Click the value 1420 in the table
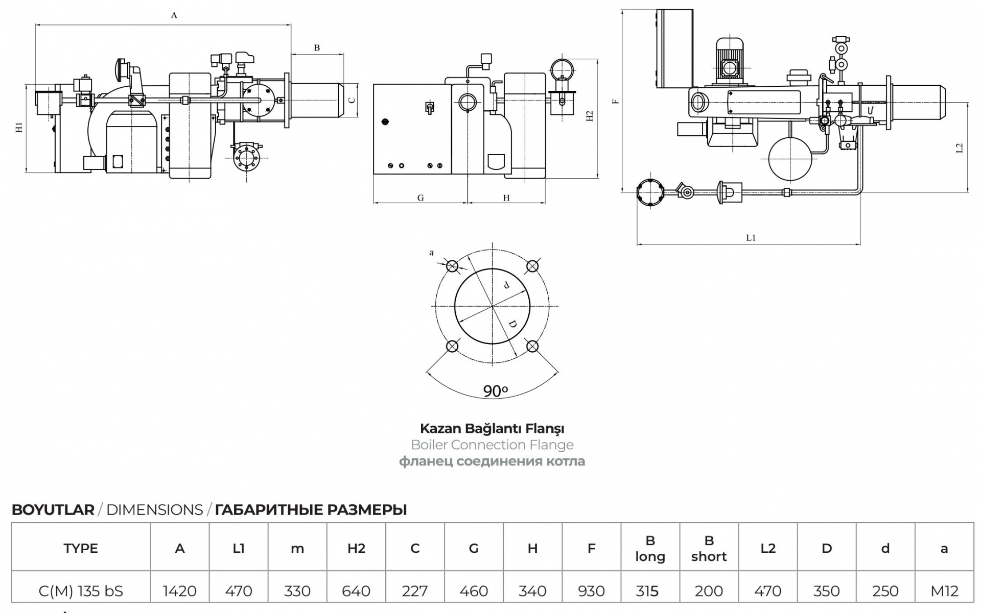click(179, 591)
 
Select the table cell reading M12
click(944, 591)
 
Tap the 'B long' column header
click(650, 548)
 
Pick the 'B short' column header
click(709, 548)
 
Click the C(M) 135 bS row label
click(81, 591)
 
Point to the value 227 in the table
click(414, 591)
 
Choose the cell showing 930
click(591, 591)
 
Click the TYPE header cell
click(81, 548)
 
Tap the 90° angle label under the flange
click(495, 391)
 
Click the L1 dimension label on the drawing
click(751, 238)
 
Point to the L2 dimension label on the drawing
click(959, 148)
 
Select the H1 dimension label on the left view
click(19, 128)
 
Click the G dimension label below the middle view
click(421, 198)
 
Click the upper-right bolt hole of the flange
click(532, 266)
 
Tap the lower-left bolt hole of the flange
click(452, 347)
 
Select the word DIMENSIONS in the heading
click(154, 510)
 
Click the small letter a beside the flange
click(432, 253)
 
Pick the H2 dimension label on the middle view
click(590, 116)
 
